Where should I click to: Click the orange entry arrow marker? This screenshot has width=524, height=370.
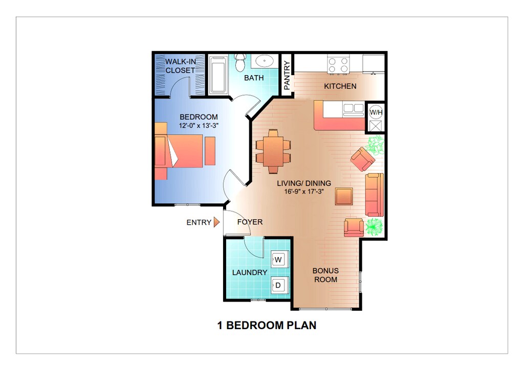tap(216, 222)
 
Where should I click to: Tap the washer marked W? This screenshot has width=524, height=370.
tap(278, 260)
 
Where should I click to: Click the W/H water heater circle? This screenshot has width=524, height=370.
tap(376, 111)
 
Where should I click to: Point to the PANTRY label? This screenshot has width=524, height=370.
tap(287, 76)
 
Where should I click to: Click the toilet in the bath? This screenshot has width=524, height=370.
tap(239, 63)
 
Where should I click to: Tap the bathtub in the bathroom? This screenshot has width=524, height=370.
tap(219, 75)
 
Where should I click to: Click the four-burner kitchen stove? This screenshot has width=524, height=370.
tap(338, 64)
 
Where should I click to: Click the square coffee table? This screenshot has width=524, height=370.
tap(344, 196)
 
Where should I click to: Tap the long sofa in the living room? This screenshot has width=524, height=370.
tap(374, 194)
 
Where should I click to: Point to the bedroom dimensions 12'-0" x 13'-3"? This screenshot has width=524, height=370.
tap(199, 126)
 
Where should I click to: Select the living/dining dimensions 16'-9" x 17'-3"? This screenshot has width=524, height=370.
tap(303, 192)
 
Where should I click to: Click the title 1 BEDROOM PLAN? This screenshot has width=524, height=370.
tap(267, 326)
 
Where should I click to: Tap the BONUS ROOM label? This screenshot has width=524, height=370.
tap(325, 275)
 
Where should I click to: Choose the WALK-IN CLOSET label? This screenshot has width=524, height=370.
tap(180, 66)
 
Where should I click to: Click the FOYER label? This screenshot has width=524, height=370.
tap(250, 222)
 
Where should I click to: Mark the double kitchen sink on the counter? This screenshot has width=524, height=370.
tap(353, 108)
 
